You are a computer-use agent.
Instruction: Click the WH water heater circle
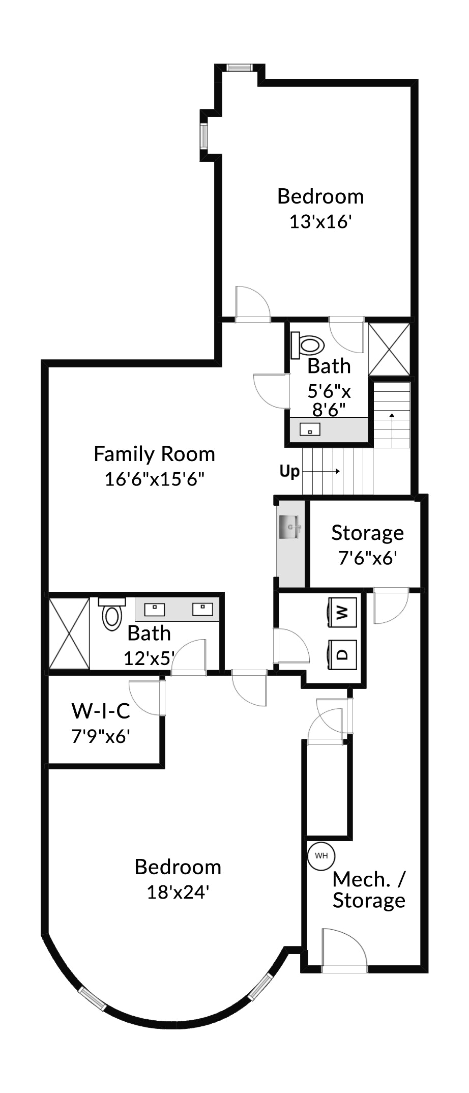(321, 855)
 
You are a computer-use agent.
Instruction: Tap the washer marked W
(342, 612)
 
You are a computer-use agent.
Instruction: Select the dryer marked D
(342, 653)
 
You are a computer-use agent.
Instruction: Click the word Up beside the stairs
(289, 471)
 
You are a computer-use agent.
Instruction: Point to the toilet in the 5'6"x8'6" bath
(308, 346)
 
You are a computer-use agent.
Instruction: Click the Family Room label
(154, 454)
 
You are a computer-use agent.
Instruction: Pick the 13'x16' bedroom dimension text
(320, 222)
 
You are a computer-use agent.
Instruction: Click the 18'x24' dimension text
(178, 892)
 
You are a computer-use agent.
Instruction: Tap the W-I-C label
(101, 711)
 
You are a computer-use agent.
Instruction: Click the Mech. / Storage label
(369, 889)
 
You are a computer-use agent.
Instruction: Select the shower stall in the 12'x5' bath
(69, 634)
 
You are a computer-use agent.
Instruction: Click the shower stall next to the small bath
(389, 350)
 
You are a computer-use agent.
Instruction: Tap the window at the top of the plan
(239, 68)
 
